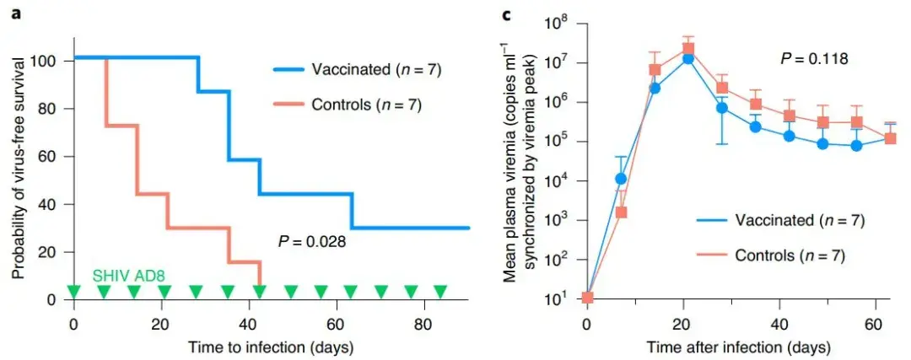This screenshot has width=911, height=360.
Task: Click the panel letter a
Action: (13, 14)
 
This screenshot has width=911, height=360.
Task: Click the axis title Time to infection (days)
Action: (270, 346)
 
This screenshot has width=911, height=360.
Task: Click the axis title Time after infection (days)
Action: (738, 346)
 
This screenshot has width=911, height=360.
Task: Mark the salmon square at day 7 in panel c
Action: (622, 212)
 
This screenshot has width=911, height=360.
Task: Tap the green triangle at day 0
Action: (73, 292)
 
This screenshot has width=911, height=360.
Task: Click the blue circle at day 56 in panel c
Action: (856, 146)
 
